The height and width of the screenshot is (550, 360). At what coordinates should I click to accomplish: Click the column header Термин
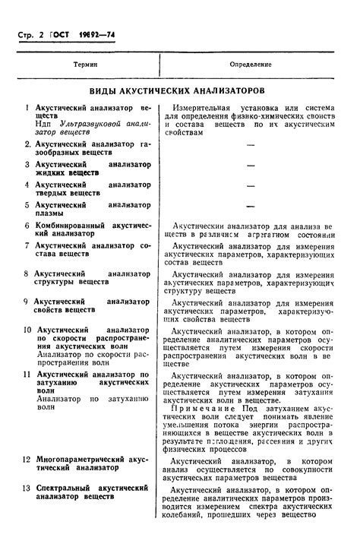[x=86, y=65]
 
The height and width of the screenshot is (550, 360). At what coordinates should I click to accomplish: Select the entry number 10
[x=27, y=330]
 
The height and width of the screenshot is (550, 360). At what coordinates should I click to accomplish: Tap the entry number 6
[x=27, y=226]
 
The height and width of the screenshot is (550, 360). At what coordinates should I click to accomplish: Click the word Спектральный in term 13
[x=68, y=487]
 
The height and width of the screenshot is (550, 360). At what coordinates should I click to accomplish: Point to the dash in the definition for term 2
[x=251, y=144]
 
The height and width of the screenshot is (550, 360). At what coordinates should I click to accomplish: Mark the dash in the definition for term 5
[x=251, y=206]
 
